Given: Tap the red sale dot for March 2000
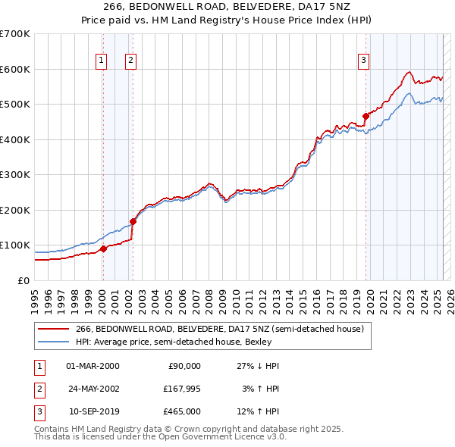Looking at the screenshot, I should pyautogui.click(x=103, y=248).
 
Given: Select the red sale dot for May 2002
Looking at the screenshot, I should pyautogui.click(x=133, y=221).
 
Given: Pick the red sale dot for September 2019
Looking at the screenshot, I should pyautogui.click(x=366, y=117).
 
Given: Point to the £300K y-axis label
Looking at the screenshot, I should pyautogui.click(x=15, y=175).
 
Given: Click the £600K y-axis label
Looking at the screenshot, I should pyautogui.click(x=15, y=69).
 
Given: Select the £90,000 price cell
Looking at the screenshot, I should pyautogui.click(x=184, y=366).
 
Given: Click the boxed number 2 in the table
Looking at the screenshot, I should pyautogui.click(x=39, y=389).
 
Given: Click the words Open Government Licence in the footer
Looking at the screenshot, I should pyautogui.click(x=214, y=437).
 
